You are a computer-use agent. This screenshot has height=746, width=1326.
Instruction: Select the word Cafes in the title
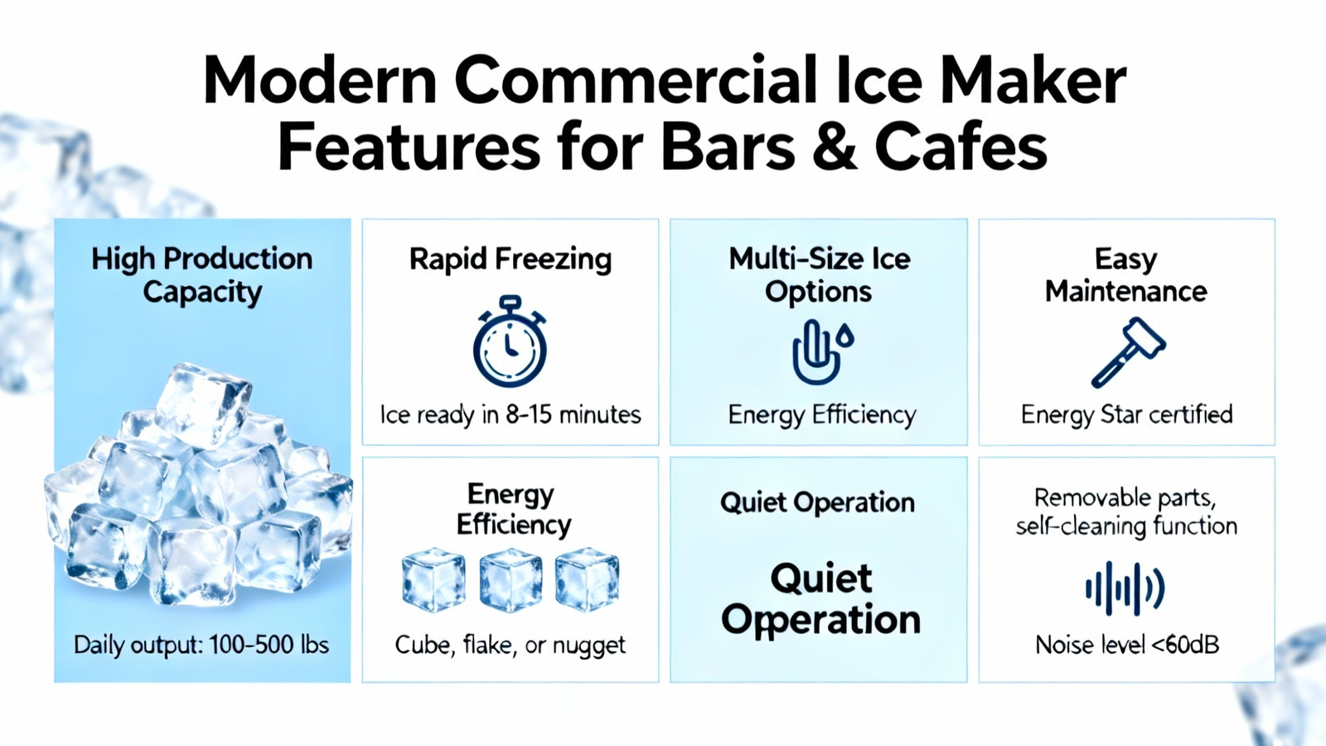click(962, 146)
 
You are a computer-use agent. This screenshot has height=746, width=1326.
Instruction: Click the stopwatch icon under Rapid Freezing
click(510, 341)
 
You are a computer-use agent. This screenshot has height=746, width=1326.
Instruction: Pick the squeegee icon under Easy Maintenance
click(1128, 351)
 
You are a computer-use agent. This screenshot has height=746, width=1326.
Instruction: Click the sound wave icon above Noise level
click(1125, 589)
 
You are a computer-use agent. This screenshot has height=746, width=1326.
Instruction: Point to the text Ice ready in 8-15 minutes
click(511, 414)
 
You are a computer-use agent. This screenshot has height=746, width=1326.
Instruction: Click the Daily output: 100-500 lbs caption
click(201, 645)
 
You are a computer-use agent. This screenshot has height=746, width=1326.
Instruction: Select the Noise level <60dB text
click(1127, 645)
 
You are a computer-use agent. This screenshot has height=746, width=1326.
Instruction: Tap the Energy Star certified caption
click(1126, 414)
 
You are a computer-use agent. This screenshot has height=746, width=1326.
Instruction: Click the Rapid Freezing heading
click(511, 259)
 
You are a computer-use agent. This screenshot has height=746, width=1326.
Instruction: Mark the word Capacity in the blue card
click(202, 293)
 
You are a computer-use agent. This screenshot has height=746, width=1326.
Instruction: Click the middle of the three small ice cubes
click(511, 580)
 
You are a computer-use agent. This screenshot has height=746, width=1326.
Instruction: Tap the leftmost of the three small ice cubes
click(433, 580)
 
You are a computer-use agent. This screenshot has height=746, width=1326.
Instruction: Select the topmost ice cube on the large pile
click(202, 404)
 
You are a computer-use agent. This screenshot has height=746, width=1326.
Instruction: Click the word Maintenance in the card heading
click(1126, 291)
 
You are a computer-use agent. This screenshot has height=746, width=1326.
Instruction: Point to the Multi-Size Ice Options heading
click(820, 275)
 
